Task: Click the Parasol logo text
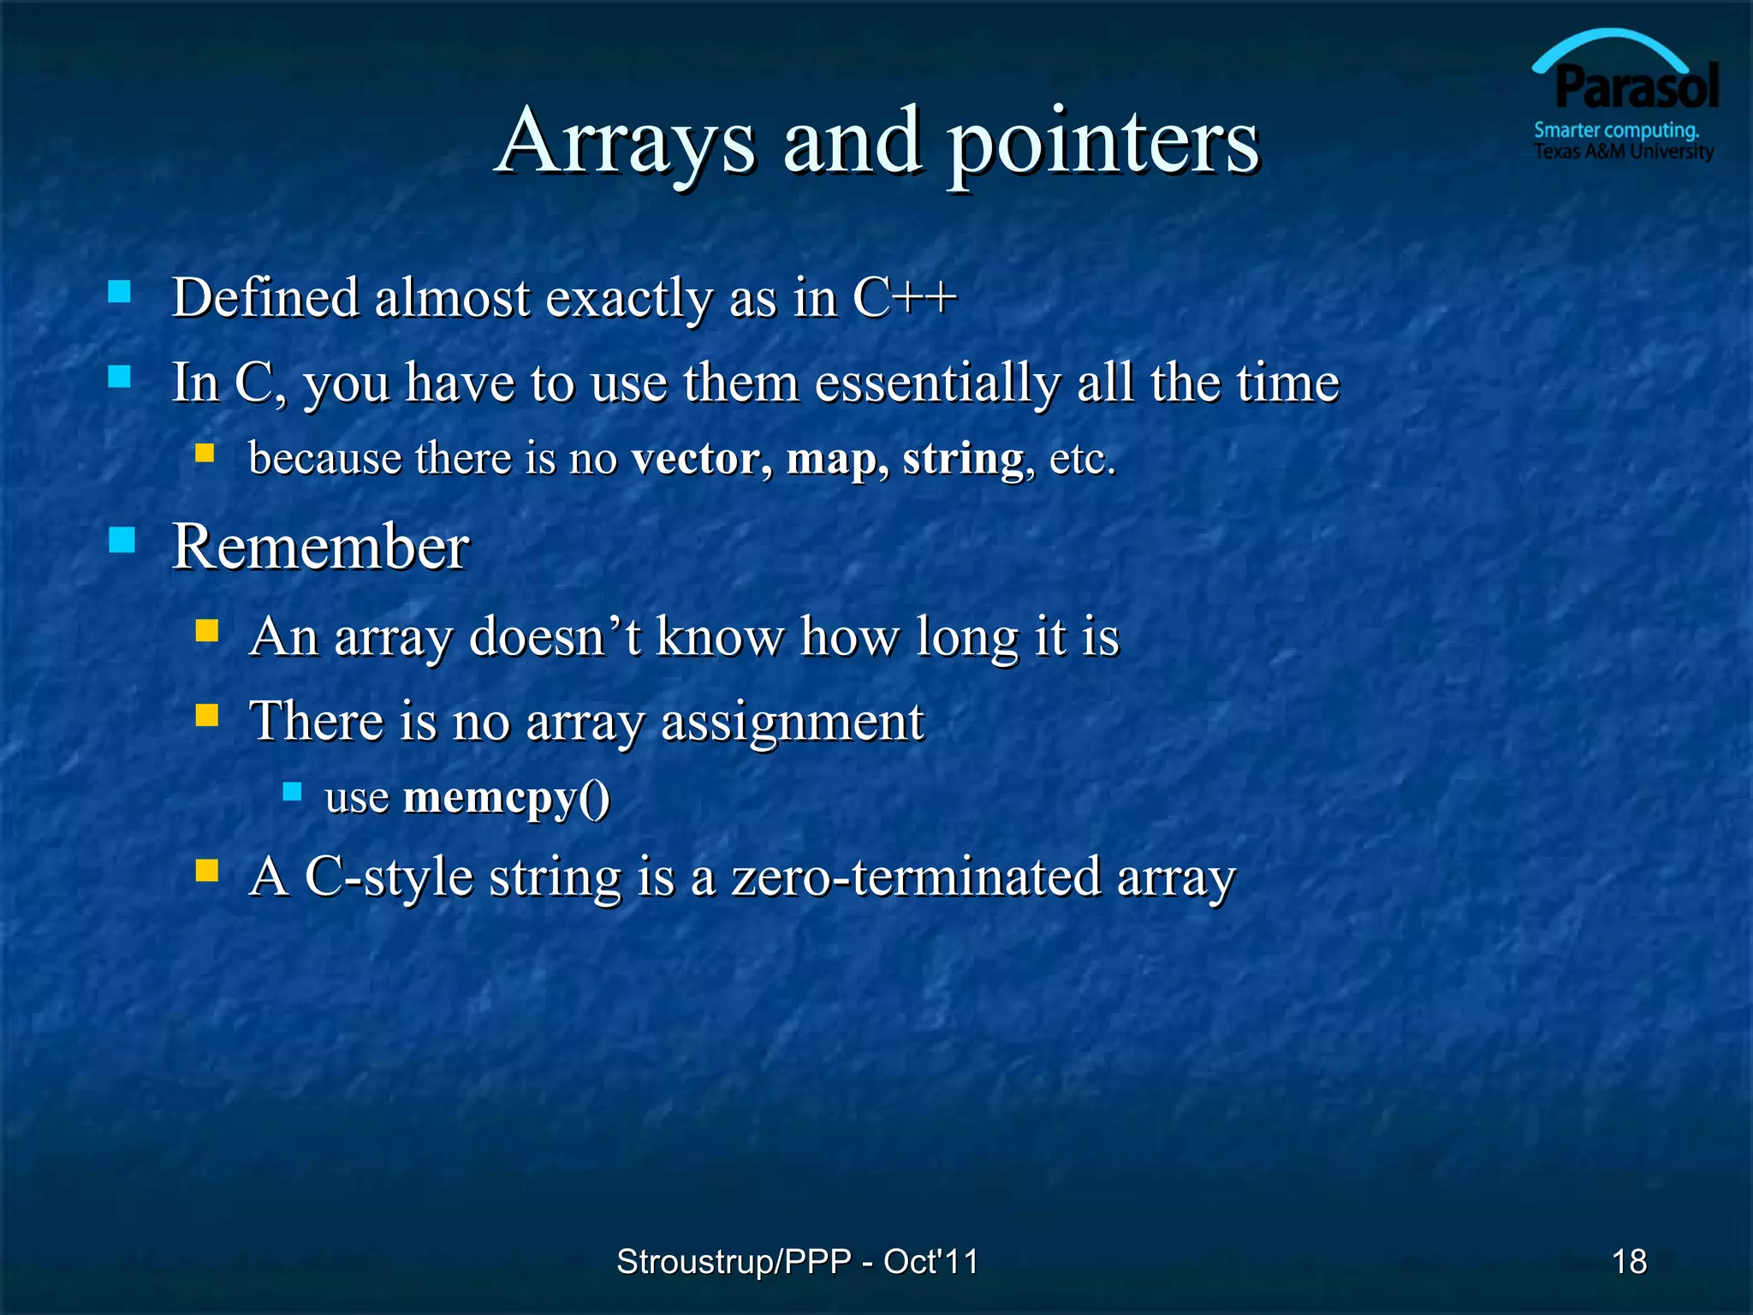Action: point(1636,87)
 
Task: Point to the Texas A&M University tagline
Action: point(1623,152)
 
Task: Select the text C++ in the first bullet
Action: point(904,298)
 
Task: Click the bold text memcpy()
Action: point(506,797)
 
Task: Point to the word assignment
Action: point(792,721)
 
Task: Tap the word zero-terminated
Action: point(916,877)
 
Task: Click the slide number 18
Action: point(1629,1261)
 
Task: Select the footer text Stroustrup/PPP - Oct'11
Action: point(797,1261)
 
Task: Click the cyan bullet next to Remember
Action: point(122,539)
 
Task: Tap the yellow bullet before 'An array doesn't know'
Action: point(207,631)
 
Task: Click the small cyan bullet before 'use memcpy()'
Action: point(292,791)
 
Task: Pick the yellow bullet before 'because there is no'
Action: point(205,452)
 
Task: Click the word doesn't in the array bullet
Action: point(555,637)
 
